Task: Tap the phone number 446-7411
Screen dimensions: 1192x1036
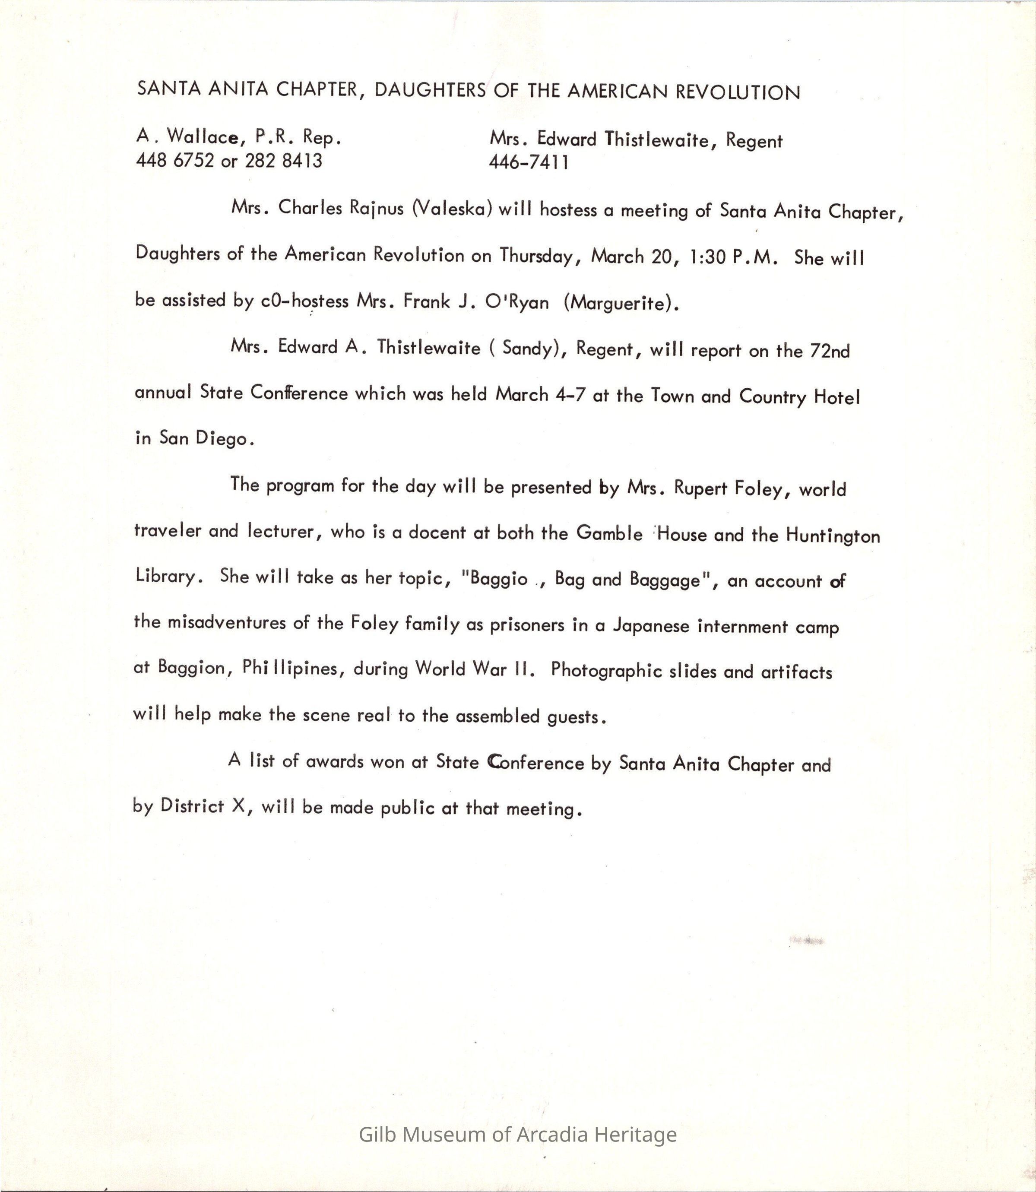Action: point(529,162)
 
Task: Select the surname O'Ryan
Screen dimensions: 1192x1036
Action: point(517,302)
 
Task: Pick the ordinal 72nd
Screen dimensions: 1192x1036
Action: point(830,350)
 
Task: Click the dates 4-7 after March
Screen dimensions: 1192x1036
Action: point(570,395)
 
